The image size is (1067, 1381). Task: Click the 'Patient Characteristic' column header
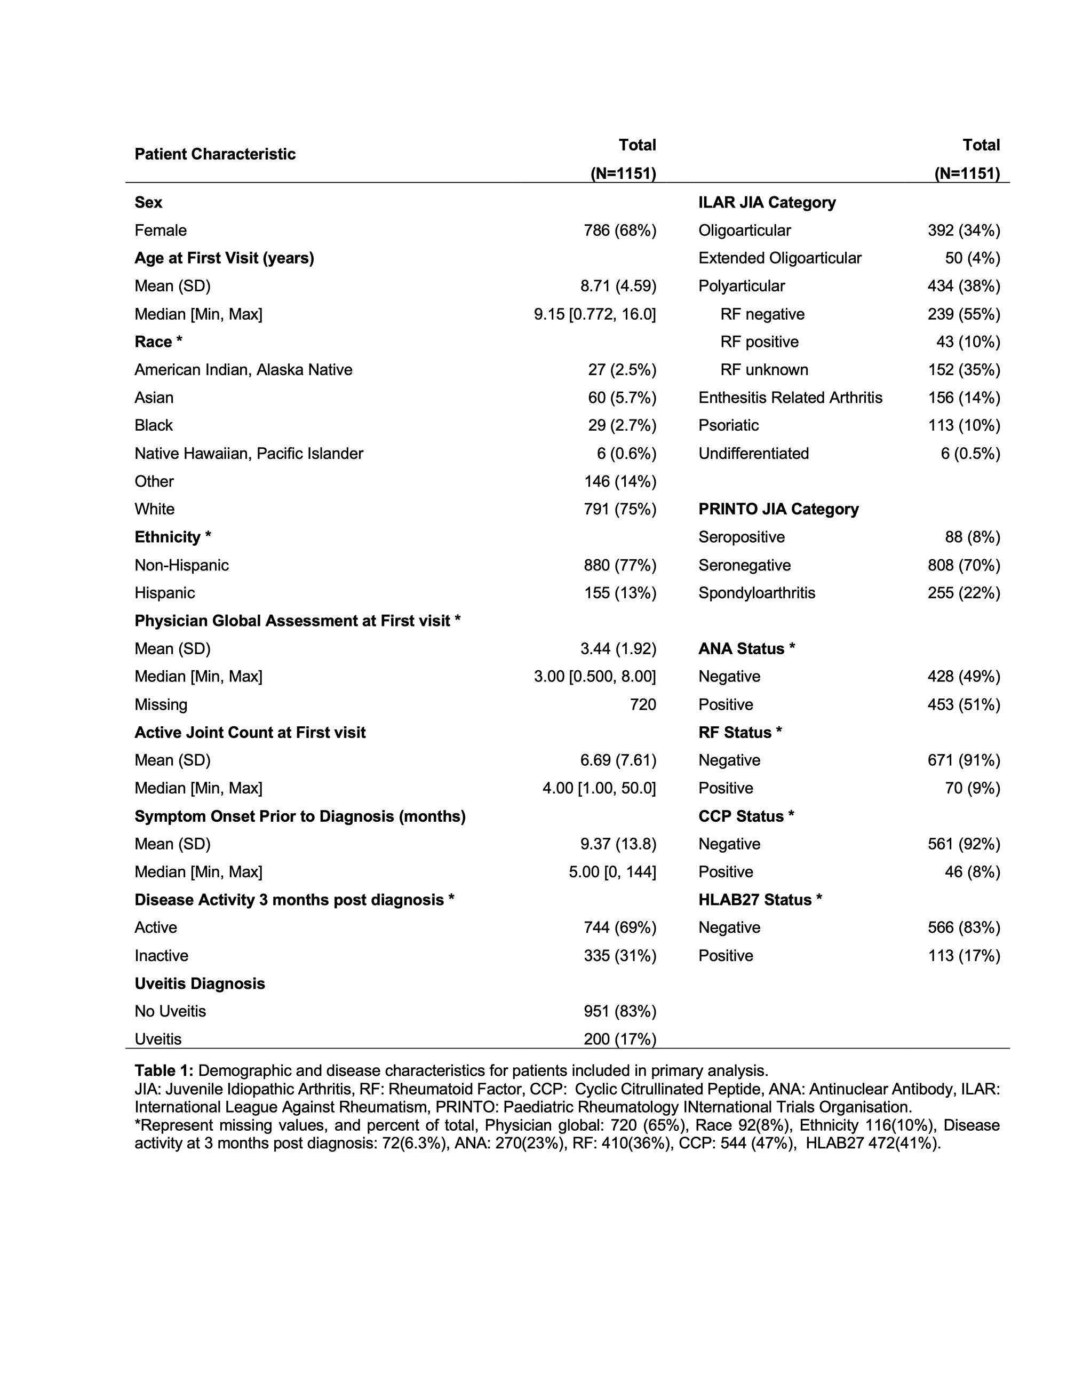[215, 154]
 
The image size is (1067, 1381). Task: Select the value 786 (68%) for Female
[619, 230]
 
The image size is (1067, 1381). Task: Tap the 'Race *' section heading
[158, 342]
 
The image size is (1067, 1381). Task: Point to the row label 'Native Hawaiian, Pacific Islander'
[249, 454]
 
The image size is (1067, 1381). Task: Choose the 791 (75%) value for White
[619, 509]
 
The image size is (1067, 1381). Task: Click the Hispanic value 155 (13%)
[619, 592]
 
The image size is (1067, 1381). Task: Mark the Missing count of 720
[642, 704]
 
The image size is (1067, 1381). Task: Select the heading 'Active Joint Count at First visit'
[250, 732]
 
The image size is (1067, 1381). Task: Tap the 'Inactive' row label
[161, 956]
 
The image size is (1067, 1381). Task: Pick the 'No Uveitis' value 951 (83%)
[619, 1011]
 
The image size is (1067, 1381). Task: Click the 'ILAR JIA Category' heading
[767, 202]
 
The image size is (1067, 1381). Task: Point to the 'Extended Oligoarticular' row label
[779, 258]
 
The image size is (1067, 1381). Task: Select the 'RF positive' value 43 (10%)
[968, 342]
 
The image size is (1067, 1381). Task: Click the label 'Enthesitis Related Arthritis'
[790, 398]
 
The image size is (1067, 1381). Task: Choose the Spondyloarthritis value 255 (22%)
[964, 592]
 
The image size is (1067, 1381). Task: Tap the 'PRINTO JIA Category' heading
[778, 509]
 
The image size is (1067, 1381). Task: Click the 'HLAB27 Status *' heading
[760, 899]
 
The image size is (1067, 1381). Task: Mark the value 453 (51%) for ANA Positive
[964, 704]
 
